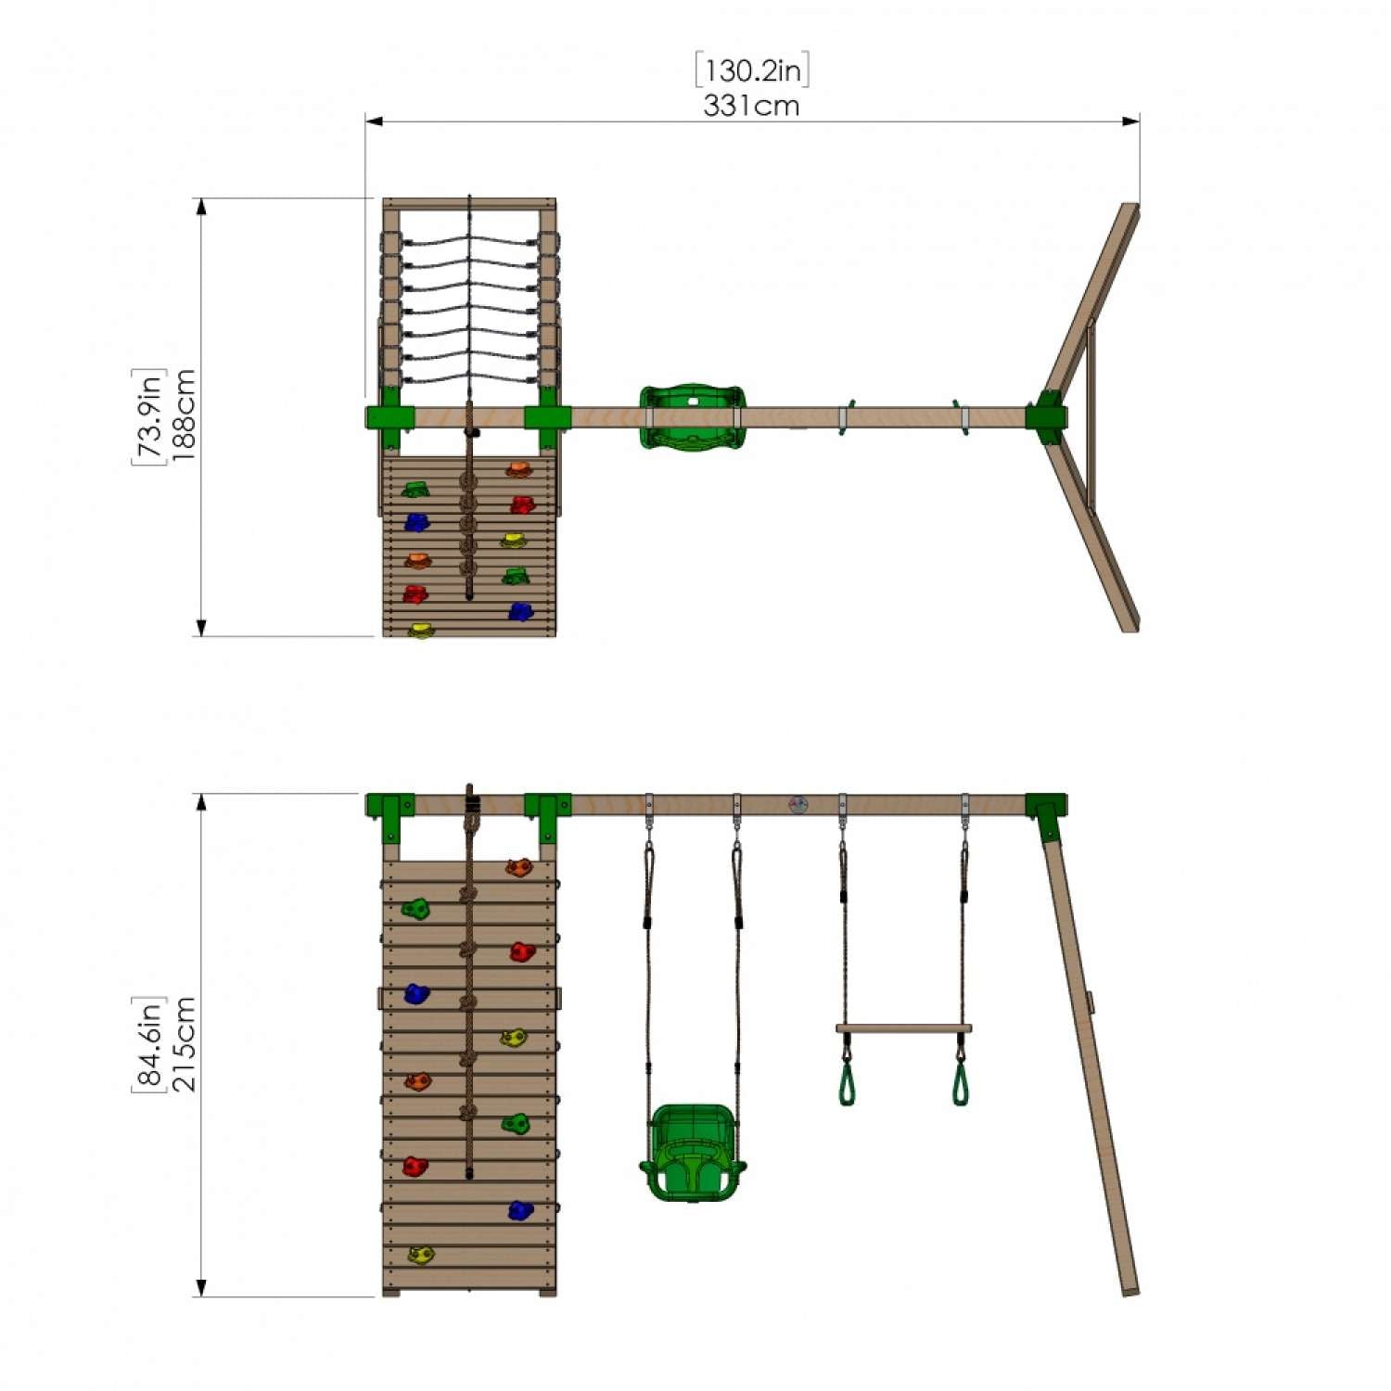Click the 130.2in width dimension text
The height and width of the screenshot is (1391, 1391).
pos(752,71)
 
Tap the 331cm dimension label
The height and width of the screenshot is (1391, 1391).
pos(751,106)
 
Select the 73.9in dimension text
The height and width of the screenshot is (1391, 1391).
pos(148,415)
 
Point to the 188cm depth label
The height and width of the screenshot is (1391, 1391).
pos(183,415)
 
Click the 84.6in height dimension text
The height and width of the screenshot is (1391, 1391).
pos(148,1043)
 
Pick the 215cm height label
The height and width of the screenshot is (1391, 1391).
pos(183,1043)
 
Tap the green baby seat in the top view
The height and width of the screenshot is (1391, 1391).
pos(692,416)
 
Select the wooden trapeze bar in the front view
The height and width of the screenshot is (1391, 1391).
pos(903,1028)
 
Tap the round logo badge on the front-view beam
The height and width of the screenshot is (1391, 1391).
pos(798,804)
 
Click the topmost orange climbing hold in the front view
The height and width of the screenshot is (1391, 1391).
pos(519,868)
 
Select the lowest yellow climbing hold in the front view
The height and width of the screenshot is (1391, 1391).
pos(421,1255)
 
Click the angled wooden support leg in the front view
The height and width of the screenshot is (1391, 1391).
pos(1090,1057)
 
